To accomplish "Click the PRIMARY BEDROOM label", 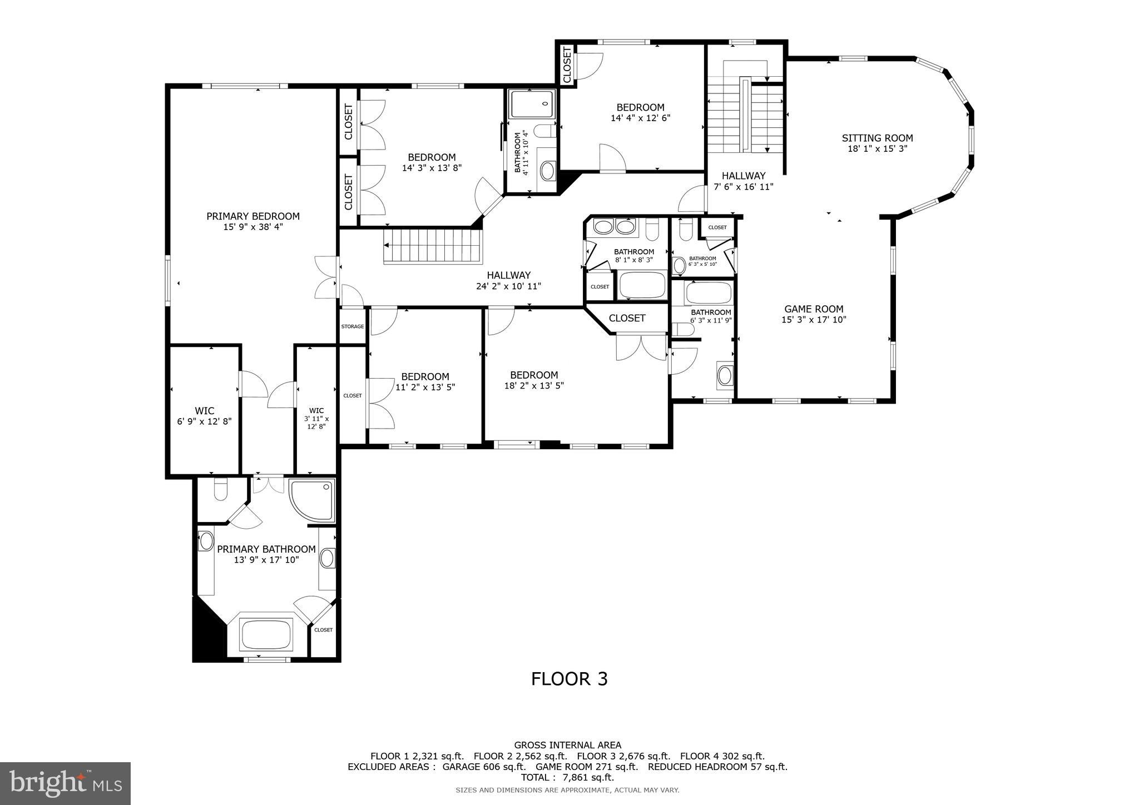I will [253, 216].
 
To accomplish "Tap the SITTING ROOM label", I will [877, 138].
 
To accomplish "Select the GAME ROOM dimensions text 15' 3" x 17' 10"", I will [814, 320].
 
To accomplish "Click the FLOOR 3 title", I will [569, 679].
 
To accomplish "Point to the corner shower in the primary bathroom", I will [313, 500].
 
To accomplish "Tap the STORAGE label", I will [353, 327].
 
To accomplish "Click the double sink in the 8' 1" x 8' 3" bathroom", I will [614, 227].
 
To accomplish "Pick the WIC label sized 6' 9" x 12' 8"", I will [204, 411].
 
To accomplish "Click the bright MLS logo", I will [65, 783].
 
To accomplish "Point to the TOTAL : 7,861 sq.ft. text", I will [567, 777].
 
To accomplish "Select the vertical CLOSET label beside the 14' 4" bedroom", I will [567, 65].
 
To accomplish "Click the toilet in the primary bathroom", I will [221, 489].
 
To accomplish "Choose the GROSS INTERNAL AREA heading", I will [567, 745].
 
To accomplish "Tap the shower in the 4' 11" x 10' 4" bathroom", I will [533, 103].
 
